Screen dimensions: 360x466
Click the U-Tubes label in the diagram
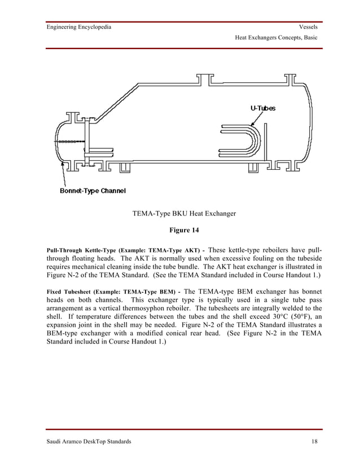click(263, 108)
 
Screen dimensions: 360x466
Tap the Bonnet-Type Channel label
click(93, 190)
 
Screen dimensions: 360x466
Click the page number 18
click(314, 441)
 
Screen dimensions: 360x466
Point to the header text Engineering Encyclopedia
click(78, 27)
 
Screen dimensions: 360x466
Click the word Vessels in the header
click(308, 27)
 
